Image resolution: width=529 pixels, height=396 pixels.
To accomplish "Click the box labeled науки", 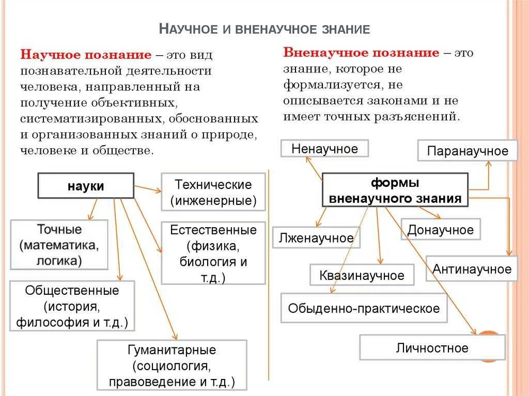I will [x=85, y=186].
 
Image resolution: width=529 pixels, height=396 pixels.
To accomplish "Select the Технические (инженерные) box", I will [x=213, y=192].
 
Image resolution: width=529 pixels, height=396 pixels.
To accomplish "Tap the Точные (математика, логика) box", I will [x=59, y=244].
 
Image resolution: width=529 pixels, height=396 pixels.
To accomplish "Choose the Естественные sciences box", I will [x=213, y=254].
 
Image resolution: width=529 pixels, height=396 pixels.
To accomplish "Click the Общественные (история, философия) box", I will [x=72, y=306].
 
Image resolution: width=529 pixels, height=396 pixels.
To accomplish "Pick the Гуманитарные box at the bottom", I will [x=172, y=365].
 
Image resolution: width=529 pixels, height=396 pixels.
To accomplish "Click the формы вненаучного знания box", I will [x=395, y=190].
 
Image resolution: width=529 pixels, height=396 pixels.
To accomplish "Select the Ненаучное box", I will [x=324, y=149].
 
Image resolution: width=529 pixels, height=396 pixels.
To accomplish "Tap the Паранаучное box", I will [x=468, y=151].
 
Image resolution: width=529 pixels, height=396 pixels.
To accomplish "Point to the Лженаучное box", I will [x=316, y=237].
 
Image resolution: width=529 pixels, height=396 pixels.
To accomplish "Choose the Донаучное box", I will [x=440, y=230].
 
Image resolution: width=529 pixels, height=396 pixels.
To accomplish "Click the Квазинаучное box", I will [x=362, y=275].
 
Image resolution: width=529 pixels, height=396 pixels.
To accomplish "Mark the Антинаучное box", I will [x=472, y=269].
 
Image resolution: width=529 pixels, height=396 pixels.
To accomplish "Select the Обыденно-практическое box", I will [x=364, y=308].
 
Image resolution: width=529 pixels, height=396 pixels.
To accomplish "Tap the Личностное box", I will [x=432, y=347].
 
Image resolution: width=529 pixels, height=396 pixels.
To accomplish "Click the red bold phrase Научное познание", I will [x=86, y=55].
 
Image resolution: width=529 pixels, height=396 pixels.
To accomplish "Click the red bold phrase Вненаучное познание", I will [x=361, y=53].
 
